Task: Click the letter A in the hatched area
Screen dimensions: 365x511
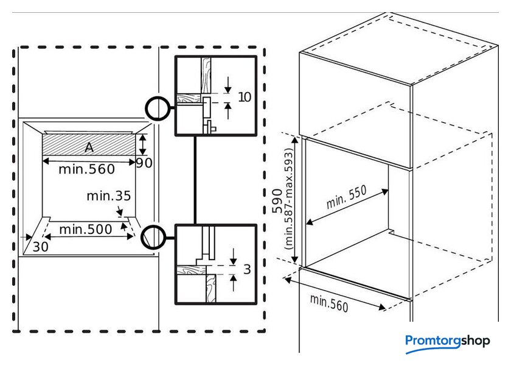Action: coord(89,147)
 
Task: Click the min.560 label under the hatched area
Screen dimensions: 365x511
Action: coord(86,169)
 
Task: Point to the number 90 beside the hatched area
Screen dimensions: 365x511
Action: coord(144,163)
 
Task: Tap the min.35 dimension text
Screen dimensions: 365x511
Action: coord(108,196)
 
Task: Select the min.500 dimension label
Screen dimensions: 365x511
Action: coord(85,229)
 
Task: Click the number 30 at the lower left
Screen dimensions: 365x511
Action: coord(41,246)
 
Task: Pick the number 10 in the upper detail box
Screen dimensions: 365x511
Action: coord(245,97)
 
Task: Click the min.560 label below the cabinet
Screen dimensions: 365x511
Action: coord(329,302)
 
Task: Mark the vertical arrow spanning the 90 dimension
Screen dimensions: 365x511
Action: coord(142,145)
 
